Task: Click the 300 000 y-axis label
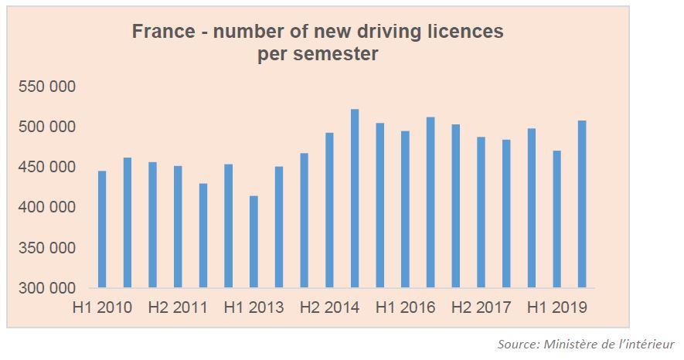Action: point(46,289)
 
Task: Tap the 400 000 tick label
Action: point(46,208)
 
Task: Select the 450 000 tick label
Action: point(46,168)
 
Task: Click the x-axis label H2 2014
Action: point(329,307)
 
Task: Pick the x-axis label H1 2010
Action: point(102,307)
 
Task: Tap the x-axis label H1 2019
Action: point(556,307)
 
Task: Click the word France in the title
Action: point(162,32)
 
